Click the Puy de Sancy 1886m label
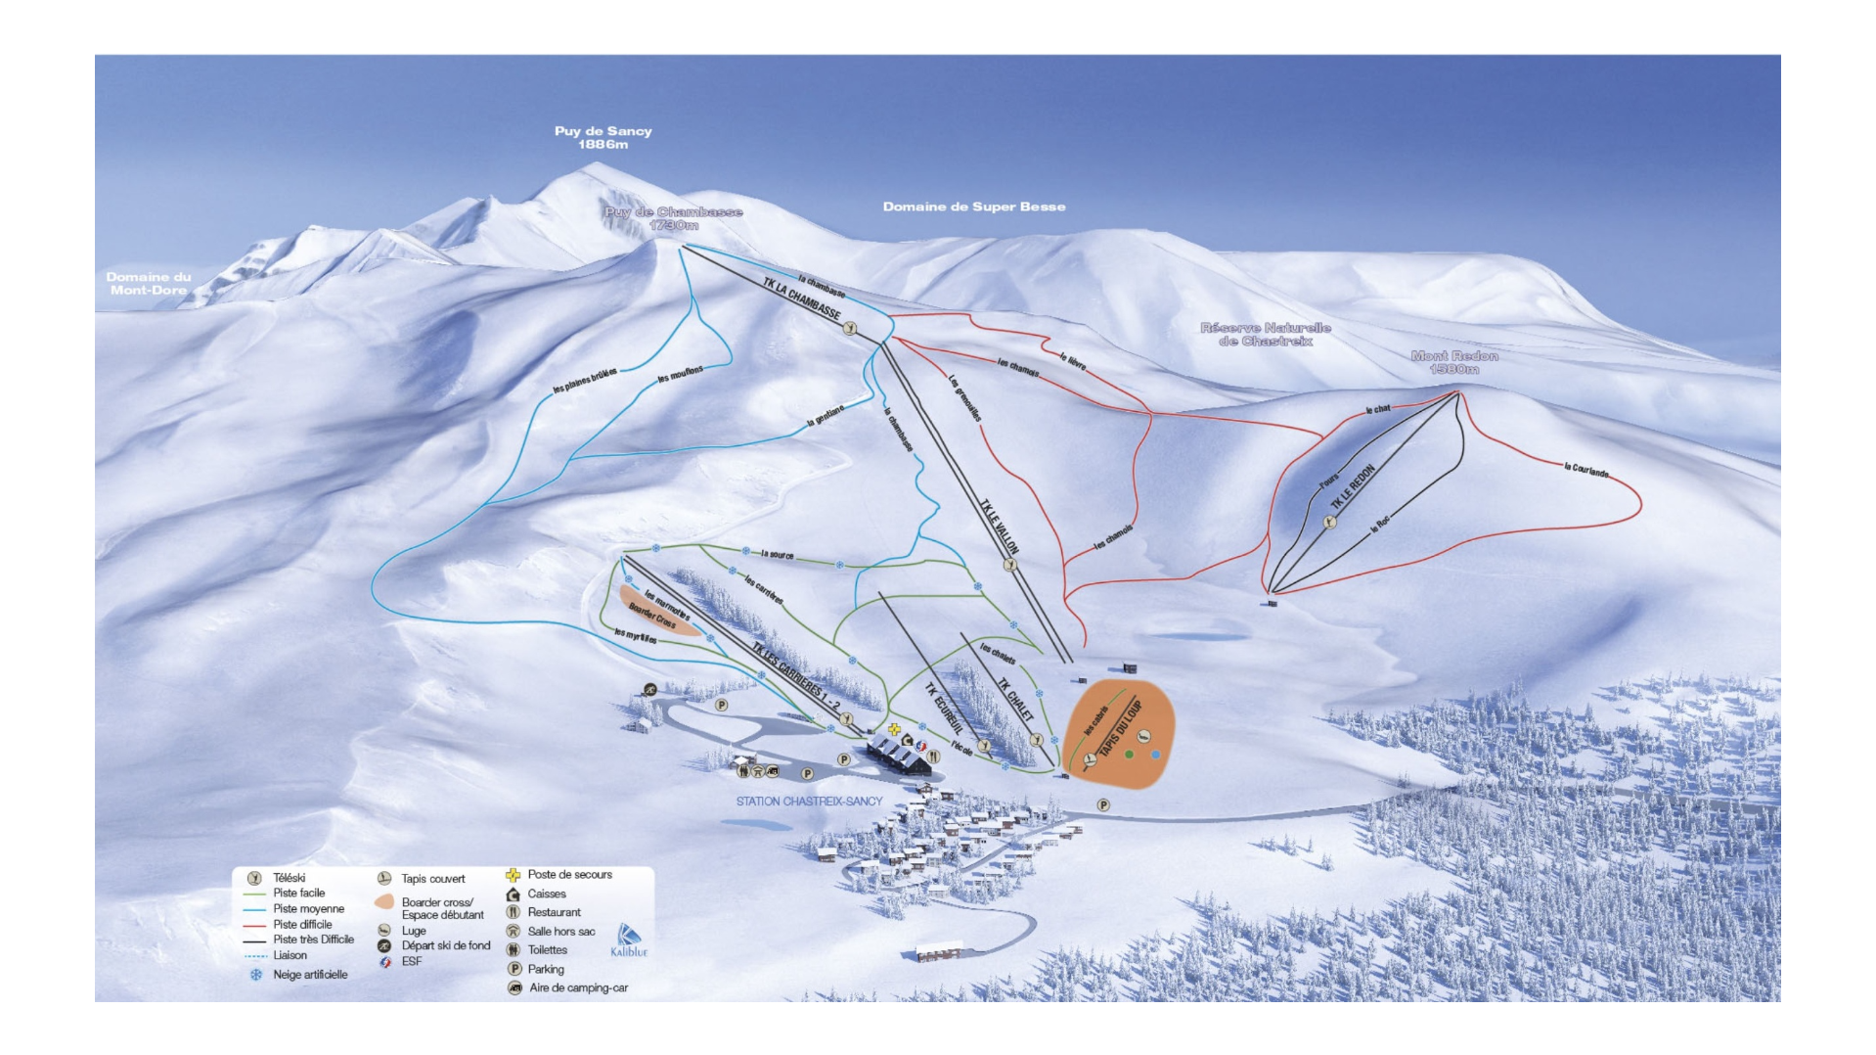(x=603, y=137)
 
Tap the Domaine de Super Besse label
(x=974, y=206)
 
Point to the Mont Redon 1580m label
(x=1454, y=362)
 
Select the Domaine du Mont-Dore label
(x=149, y=284)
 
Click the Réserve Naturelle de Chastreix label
(x=1265, y=334)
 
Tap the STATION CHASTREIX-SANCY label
(x=809, y=801)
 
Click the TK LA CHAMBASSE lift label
(x=801, y=298)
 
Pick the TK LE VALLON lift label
(x=1000, y=527)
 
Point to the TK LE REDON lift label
(x=1353, y=486)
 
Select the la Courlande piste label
(x=1586, y=470)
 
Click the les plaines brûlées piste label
(x=585, y=382)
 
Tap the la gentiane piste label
(x=825, y=416)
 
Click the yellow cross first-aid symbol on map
(x=894, y=729)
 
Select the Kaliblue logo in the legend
(x=629, y=940)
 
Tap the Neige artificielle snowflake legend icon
(x=256, y=975)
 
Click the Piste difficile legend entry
(x=302, y=924)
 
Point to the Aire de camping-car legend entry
(x=577, y=988)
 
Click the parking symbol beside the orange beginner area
(x=1103, y=804)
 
